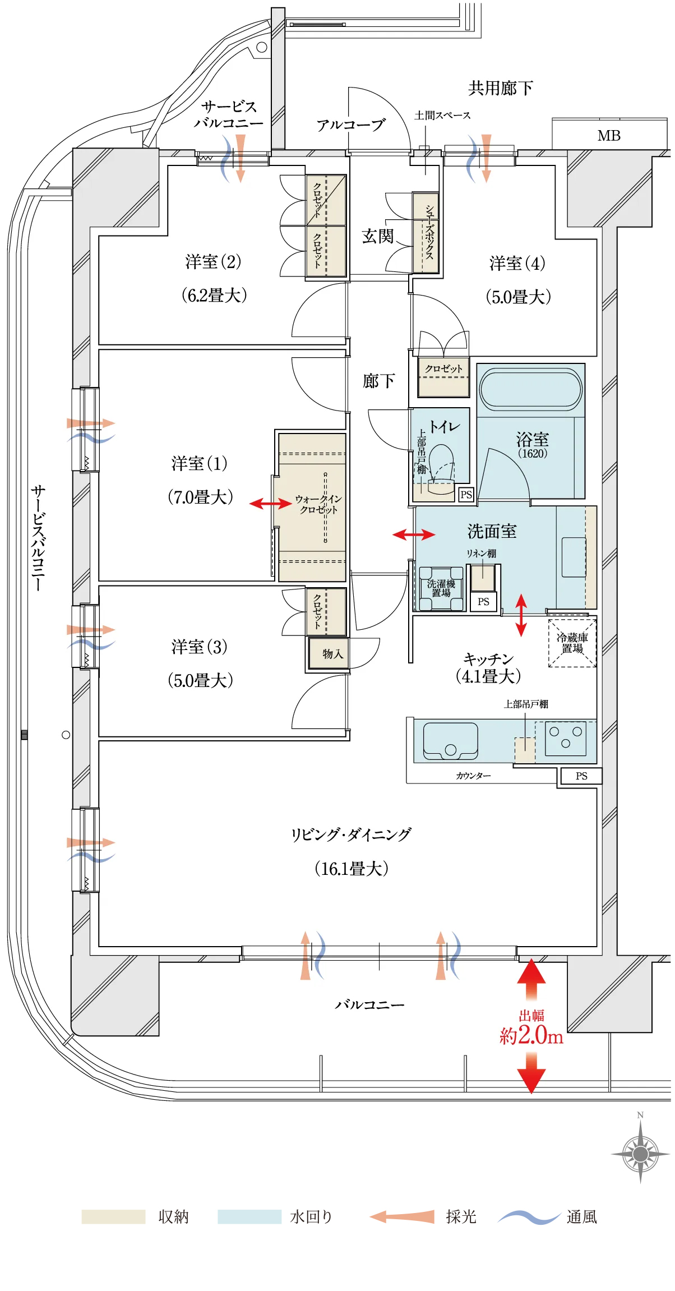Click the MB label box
tap(609, 135)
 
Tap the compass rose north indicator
tap(640, 1154)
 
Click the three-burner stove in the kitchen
tap(566, 737)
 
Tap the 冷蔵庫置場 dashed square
tap(572, 643)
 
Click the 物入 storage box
tap(329, 653)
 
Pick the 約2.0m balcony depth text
tap(531, 1035)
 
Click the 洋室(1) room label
tap(200, 463)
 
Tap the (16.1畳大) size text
tap(352, 869)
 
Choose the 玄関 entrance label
tap(378, 236)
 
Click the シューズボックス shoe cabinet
tap(426, 233)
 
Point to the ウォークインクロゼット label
tap(318, 504)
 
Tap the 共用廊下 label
tap(501, 88)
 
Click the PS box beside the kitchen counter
tap(581, 776)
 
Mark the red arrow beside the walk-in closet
tap(270, 504)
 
